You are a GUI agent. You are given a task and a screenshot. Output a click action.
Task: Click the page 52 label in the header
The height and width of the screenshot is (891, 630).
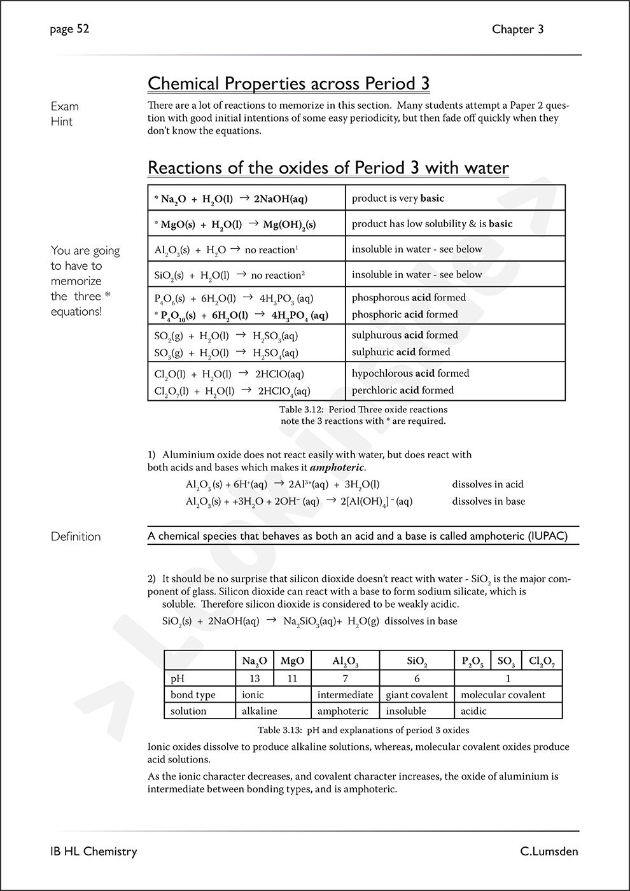click(x=70, y=29)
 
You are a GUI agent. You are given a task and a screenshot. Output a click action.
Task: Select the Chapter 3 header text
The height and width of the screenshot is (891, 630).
click(x=517, y=29)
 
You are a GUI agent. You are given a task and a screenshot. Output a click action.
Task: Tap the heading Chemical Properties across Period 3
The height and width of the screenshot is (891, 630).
click(x=288, y=83)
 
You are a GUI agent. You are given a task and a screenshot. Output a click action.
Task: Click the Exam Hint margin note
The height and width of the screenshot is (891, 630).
click(x=64, y=114)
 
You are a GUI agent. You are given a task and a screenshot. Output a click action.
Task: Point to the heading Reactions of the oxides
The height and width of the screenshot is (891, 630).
click(x=328, y=168)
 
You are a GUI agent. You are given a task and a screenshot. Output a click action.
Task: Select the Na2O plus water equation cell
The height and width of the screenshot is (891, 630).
click(x=231, y=199)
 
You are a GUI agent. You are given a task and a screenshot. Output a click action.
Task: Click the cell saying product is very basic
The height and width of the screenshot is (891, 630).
click(x=398, y=199)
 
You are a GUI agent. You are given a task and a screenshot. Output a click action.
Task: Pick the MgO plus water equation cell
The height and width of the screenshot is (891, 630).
click(x=235, y=224)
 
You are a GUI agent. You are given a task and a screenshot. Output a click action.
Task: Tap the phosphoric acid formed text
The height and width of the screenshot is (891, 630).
click(x=405, y=314)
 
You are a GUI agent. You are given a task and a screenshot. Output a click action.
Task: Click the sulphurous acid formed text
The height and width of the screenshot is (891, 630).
click(x=405, y=335)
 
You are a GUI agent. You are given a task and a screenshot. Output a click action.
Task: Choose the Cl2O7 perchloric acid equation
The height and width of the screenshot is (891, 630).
click(x=232, y=391)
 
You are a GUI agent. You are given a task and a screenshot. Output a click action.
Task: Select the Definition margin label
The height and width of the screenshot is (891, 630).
click(x=76, y=537)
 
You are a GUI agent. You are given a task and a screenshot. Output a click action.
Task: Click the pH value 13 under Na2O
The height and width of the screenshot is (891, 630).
click(x=255, y=678)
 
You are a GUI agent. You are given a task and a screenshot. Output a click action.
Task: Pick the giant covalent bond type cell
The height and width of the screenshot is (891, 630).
click(x=417, y=695)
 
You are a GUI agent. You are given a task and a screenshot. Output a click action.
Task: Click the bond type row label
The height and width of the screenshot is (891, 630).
click(x=193, y=695)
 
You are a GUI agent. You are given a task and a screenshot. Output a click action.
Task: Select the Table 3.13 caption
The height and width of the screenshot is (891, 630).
click(x=363, y=730)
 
